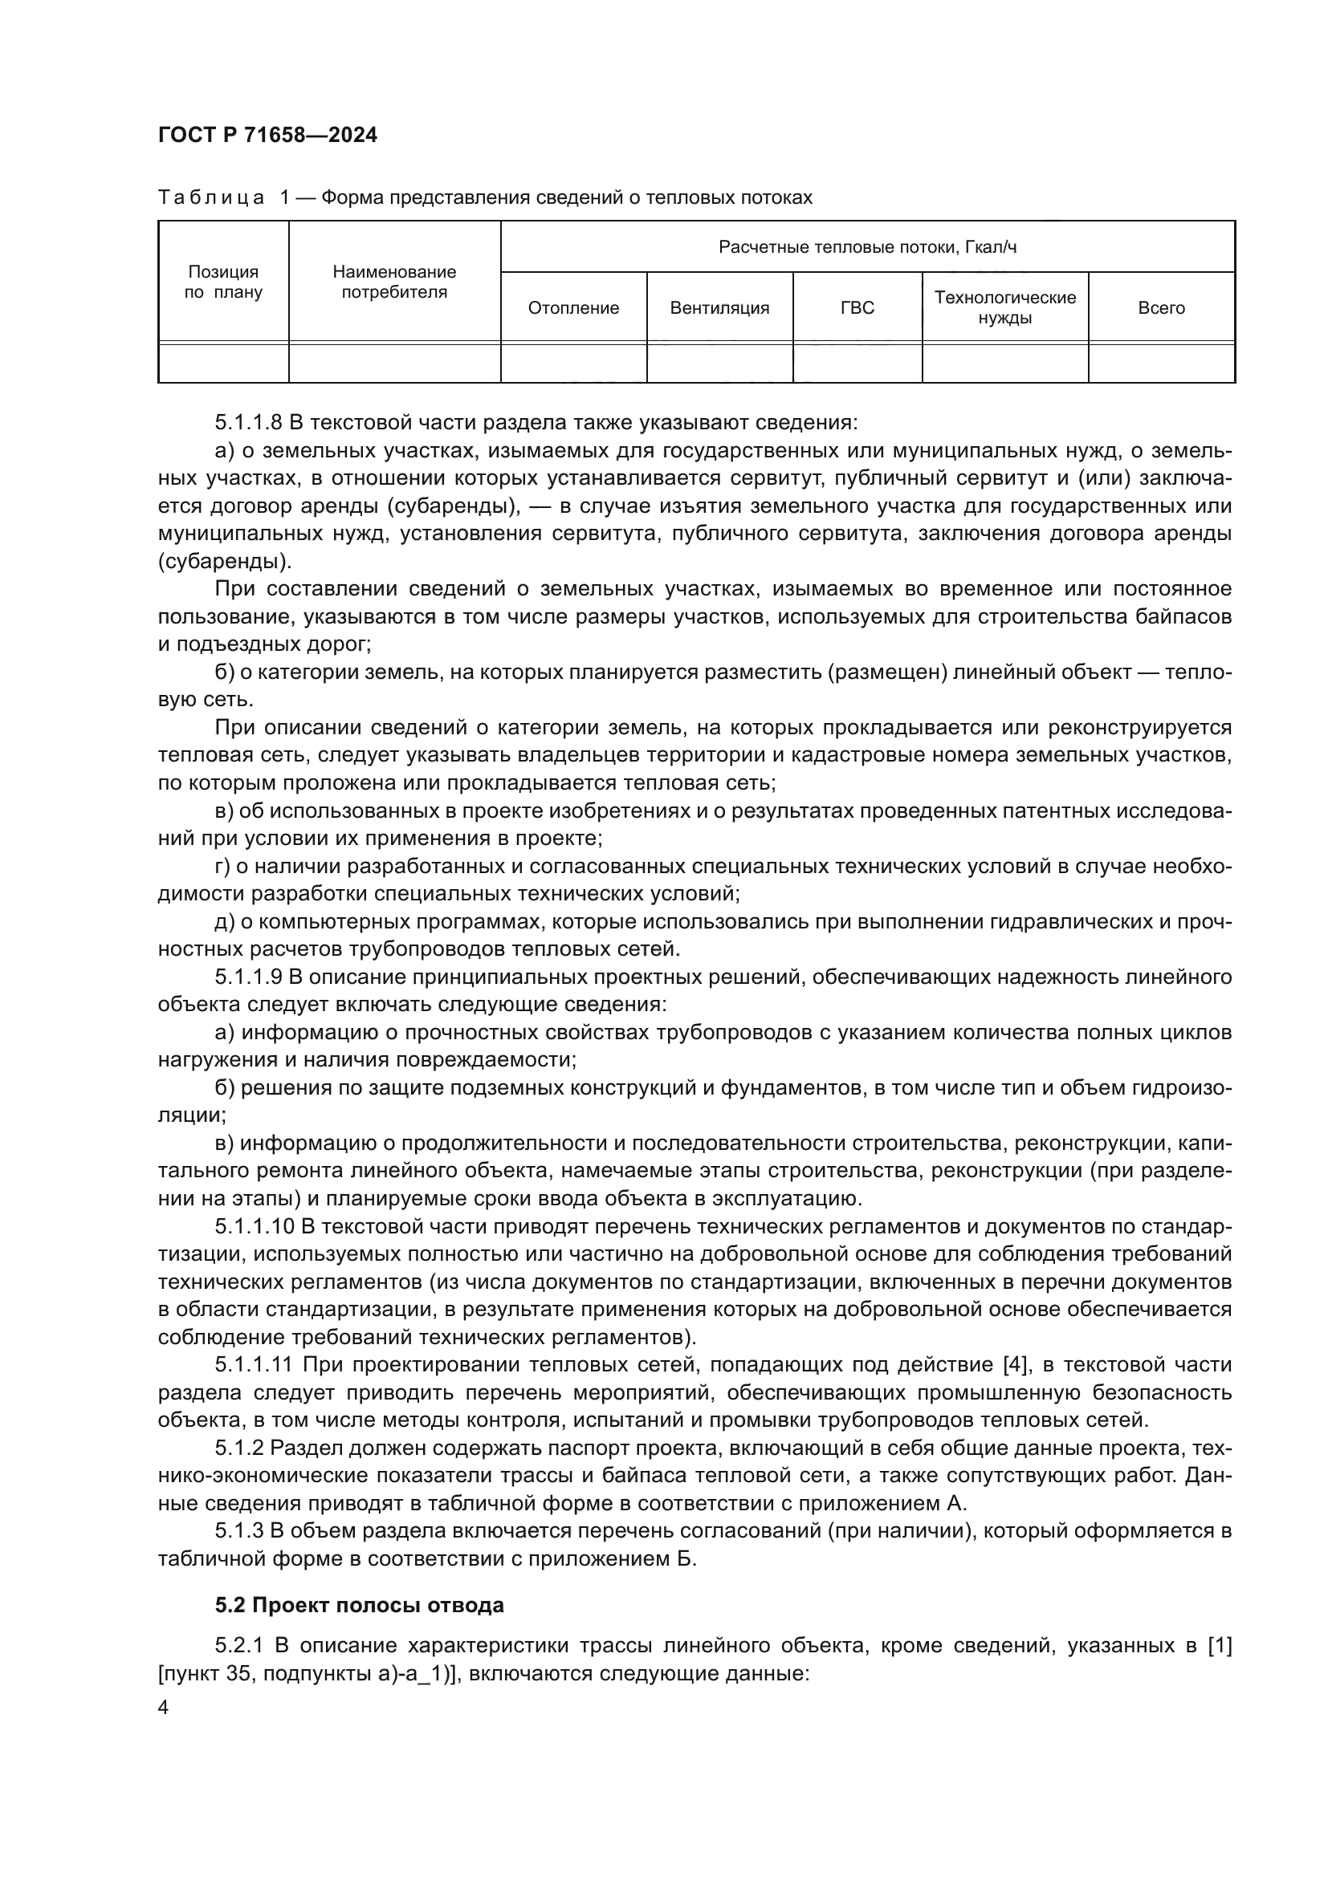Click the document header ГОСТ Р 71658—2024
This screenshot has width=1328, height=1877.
pos(267,136)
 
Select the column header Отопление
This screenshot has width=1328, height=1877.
pos(573,308)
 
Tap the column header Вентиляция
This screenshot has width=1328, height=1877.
pos(719,308)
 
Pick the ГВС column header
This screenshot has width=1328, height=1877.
pos(857,308)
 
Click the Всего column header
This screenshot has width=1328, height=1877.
pos(1161,308)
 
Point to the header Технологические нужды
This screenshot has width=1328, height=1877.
pos(1005,308)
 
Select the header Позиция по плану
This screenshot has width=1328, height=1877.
pos(223,282)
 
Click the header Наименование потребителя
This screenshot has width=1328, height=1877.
pos(394,282)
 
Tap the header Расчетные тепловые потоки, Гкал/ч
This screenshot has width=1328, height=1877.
pos(867,247)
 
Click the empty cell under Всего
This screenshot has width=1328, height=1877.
pos(1161,363)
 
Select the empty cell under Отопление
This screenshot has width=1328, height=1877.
pos(573,363)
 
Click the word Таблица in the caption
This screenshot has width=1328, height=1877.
pos(211,198)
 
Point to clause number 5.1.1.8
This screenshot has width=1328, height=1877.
pos(249,424)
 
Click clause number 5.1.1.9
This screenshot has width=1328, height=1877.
pos(249,977)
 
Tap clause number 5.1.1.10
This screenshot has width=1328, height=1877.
pos(254,1226)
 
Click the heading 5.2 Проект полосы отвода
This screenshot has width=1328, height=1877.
pos(359,1606)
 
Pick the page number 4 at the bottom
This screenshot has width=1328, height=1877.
pos(163,1708)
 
